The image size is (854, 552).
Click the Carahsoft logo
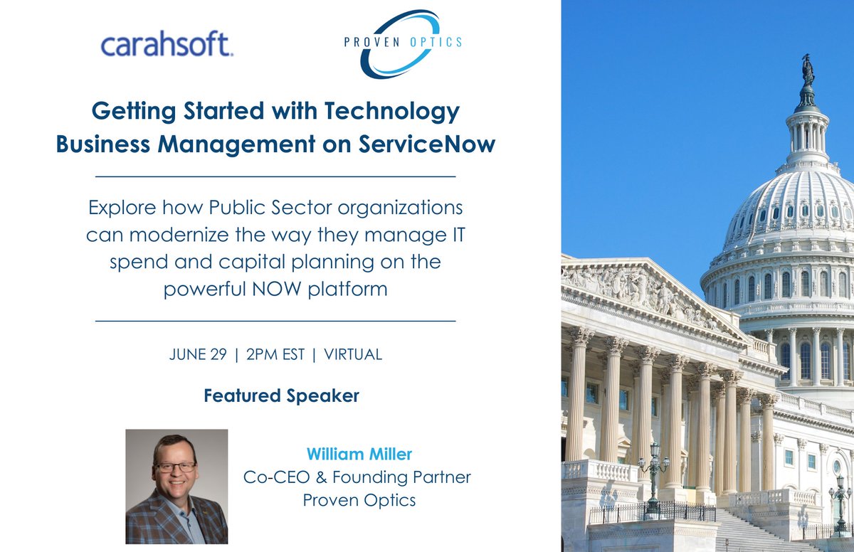click(x=167, y=45)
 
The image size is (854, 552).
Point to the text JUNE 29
click(x=197, y=354)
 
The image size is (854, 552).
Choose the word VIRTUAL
click(x=353, y=354)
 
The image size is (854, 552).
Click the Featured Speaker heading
click(x=281, y=396)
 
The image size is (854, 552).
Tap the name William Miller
click(x=359, y=453)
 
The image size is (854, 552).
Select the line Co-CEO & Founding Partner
click(x=358, y=477)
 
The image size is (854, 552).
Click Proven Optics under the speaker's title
click(x=359, y=500)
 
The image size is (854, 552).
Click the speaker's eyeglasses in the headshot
click(x=175, y=467)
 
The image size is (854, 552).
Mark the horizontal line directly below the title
click(x=275, y=175)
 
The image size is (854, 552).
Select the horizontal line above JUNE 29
click(x=275, y=322)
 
